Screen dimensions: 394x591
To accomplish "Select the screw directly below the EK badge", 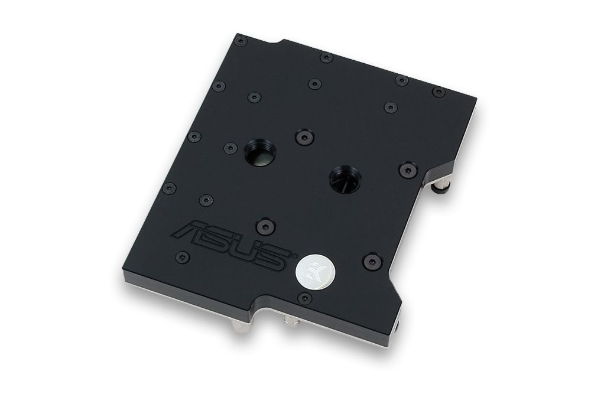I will [x=306, y=298].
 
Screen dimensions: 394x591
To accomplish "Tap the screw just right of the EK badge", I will [x=372, y=261].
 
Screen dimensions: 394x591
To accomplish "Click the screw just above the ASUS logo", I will [x=265, y=226].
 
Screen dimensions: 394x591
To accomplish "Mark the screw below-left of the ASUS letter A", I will [x=183, y=257].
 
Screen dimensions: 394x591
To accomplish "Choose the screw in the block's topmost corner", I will [x=241, y=41].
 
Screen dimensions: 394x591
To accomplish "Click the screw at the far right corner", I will [x=439, y=92].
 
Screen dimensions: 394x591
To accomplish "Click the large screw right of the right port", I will [x=408, y=170].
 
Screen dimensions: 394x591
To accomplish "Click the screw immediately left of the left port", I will [x=230, y=148].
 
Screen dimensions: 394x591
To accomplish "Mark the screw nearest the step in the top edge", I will [x=326, y=57].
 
